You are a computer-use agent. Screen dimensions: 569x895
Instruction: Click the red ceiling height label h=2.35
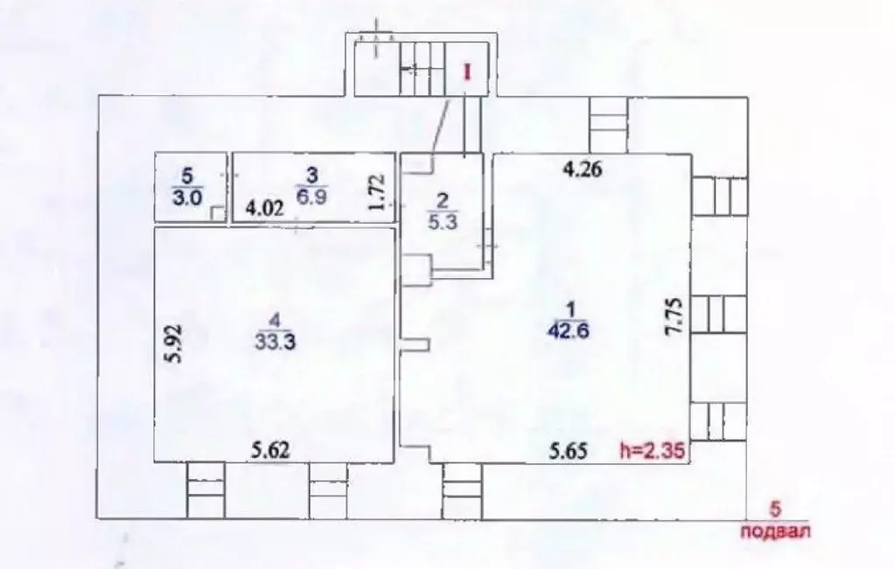(x=649, y=451)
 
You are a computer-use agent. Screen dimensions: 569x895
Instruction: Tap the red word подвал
(x=774, y=529)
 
